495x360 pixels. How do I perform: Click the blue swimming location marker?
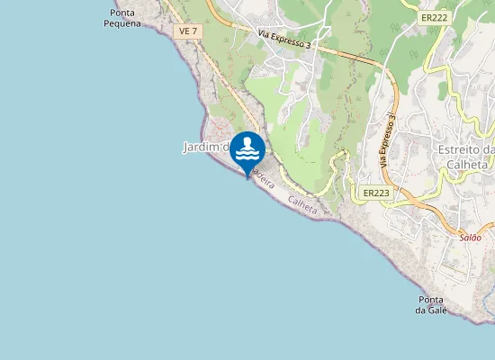[x=247, y=151]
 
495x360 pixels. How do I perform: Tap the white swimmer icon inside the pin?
[x=247, y=149]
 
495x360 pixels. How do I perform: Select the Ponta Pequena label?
[x=122, y=19]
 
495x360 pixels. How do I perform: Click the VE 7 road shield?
[x=187, y=31]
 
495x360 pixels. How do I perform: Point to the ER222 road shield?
[x=434, y=17]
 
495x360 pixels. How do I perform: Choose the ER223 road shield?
[x=376, y=193]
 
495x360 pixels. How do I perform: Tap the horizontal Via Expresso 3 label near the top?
[x=284, y=40]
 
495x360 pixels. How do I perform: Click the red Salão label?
[x=471, y=238]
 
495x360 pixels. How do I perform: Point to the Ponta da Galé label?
[x=431, y=305]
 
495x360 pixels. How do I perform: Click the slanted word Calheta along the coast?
[x=303, y=205]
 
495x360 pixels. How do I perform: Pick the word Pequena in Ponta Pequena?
[x=122, y=24]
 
